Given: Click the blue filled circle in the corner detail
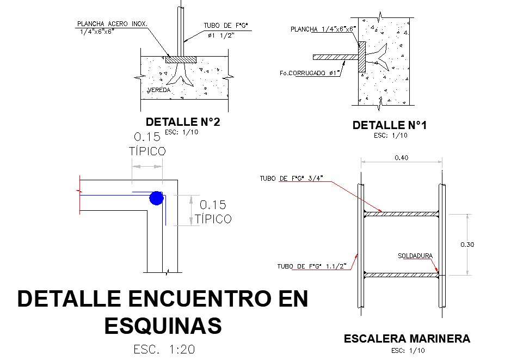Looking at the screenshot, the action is [156, 198].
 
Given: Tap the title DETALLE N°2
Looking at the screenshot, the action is [183, 122].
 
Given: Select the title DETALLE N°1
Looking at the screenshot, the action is [390, 125].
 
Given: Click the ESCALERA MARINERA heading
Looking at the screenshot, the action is [407, 339].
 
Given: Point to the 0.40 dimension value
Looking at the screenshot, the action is [401, 158].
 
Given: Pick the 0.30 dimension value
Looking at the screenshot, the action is [467, 245].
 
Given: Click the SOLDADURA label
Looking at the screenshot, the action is [415, 256].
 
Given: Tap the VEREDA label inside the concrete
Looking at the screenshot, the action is [159, 90].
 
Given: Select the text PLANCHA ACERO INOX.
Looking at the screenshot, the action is [112, 24].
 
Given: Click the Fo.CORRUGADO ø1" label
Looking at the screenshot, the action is [309, 73].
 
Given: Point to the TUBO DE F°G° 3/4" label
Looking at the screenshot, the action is [291, 178].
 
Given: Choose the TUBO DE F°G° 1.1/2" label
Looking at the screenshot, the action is [312, 266].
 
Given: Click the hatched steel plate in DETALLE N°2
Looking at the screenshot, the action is [181, 59].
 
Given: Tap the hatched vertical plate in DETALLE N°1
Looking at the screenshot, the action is [362, 57].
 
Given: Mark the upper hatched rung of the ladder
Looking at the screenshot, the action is [401, 214].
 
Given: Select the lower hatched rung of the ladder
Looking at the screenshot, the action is [401, 275].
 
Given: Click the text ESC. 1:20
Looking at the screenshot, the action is [164, 349].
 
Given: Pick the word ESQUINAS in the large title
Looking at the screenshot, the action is [163, 325].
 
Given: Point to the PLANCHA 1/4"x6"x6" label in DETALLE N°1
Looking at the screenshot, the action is [323, 29].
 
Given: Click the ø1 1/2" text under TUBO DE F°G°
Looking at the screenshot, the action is [221, 35].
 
